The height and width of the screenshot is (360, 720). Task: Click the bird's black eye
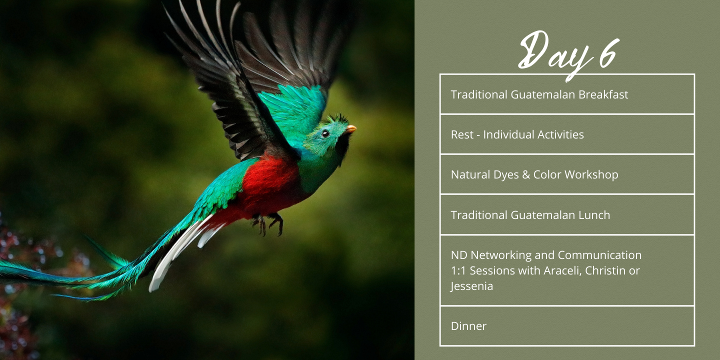point(325,133)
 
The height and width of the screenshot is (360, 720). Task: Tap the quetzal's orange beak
point(350,129)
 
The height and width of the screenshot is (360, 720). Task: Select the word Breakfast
point(603,94)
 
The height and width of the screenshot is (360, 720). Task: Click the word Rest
point(462,134)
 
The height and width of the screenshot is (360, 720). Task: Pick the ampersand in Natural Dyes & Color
point(526,175)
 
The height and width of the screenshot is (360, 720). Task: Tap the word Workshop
point(591,175)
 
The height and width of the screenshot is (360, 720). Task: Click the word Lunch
point(594,215)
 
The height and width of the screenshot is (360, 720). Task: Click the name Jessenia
point(471,286)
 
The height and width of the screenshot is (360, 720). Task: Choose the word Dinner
point(468,326)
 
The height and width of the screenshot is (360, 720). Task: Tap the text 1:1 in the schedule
point(457,271)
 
